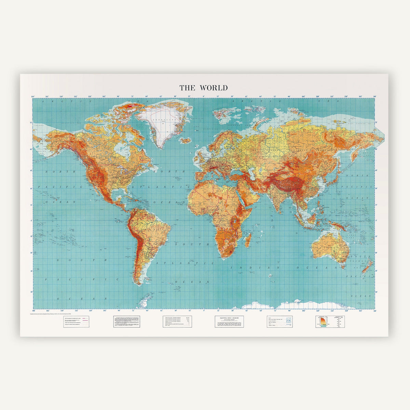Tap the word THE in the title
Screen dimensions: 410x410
188,88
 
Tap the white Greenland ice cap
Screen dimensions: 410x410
162,120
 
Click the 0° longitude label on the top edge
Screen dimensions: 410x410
204,97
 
